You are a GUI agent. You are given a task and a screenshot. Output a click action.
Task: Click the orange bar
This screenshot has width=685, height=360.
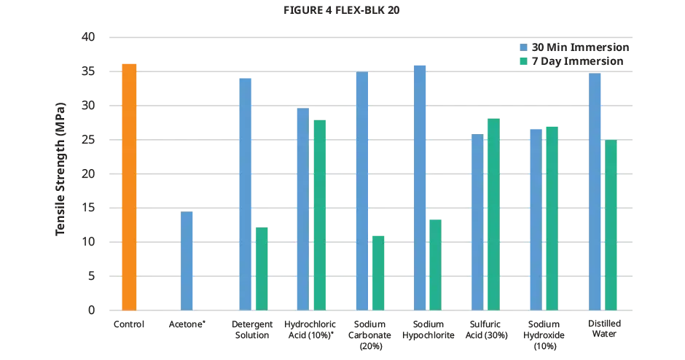pyautogui.click(x=128, y=186)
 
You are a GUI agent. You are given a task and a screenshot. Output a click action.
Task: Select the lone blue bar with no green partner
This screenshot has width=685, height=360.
pyautogui.click(x=187, y=260)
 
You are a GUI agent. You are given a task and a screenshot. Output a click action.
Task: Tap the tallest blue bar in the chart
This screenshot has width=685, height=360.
pyautogui.click(x=420, y=187)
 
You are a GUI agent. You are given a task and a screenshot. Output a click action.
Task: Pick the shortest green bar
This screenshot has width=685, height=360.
pyautogui.click(x=377, y=272)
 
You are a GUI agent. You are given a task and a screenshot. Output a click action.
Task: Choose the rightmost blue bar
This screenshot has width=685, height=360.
pyautogui.click(x=595, y=191)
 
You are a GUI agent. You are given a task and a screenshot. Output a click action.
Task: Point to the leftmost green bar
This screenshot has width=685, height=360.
pyautogui.click(x=261, y=268)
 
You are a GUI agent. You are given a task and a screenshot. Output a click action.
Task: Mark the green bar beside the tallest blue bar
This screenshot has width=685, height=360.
pyautogui.click(x=435, y=263)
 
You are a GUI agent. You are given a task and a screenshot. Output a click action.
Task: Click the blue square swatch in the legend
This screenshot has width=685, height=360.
pyautogui.click(x=523, y=47)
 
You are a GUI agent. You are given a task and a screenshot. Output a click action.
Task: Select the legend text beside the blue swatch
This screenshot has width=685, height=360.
pyautogui.click(x=579, y=47)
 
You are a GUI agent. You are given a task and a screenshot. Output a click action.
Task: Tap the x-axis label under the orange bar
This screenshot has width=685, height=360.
pyautogui.click(x=128, y=327)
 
